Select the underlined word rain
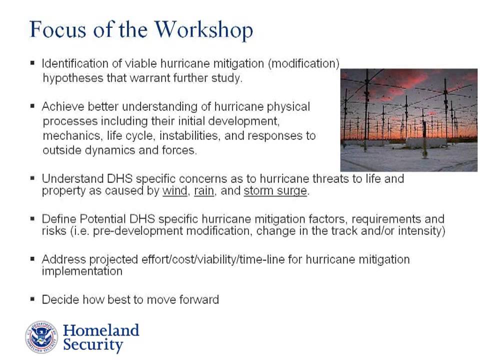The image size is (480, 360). pos(203,191)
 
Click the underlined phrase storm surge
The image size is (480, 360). pos(275,191)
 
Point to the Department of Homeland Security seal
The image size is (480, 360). pos(41,337)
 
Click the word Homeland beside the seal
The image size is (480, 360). pos(101,330)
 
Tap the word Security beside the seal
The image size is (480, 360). pos(93,345)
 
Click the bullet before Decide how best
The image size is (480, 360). pos(33,299)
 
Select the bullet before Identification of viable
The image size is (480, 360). pos(33,63)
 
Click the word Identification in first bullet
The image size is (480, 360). pos(73,63)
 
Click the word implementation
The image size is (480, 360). pos(82,271)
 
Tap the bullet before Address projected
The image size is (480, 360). pos(33,259)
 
